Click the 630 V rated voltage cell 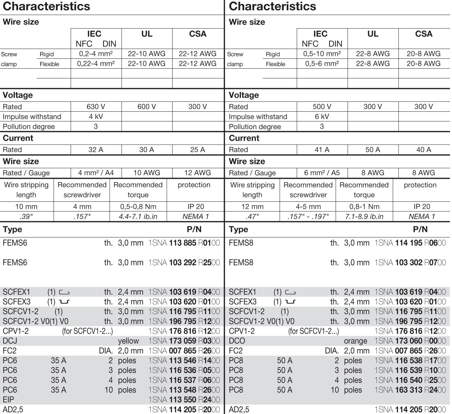coord(96,107)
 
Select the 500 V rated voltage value coord(322,107)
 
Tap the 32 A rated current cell coord(96,149)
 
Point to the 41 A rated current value coord(322,149)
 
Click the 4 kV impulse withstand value coord(96,116)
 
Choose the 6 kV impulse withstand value coord(322,116)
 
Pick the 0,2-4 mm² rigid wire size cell coord(96,54)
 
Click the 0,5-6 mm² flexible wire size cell coord(322,63)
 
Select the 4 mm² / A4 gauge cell coord(96,173)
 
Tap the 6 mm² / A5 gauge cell coord(322,173)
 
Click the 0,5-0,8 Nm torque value coord(138,207)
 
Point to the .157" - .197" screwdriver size coord(308,216)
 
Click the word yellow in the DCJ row coord(128,341)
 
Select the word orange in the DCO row coord(356,341)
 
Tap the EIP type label coord(8,399)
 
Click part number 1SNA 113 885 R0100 coord(184,243)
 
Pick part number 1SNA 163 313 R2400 coord(410,390)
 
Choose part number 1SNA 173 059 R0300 coord(184,341)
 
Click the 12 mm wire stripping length coord(252,207)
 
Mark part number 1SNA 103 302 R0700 coord(410,263)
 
